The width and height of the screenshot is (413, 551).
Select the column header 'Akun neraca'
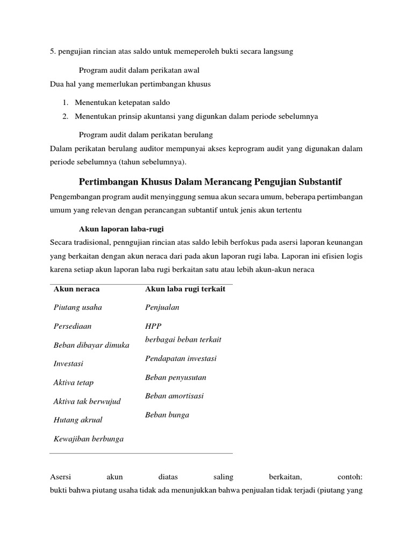click(76, 289)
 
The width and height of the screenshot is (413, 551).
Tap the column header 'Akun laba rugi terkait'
click(185, 289)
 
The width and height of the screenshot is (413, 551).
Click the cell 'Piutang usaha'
click(78, 307)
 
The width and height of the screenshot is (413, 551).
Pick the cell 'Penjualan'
click(162, 307)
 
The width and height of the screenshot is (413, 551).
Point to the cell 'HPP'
click(153, 326)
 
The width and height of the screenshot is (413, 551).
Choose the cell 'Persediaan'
click(73, 326)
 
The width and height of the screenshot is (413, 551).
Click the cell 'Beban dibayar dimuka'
click(91, 345)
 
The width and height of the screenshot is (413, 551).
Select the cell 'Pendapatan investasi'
click(181, 358)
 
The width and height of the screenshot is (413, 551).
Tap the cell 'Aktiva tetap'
click(74, 383)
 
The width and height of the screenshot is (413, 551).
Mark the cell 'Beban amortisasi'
click(174, 396)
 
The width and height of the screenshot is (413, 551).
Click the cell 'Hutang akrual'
click(78, 420)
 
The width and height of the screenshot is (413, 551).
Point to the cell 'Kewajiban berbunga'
click(89, 439)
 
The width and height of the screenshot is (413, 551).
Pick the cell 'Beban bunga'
click(167, 415)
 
